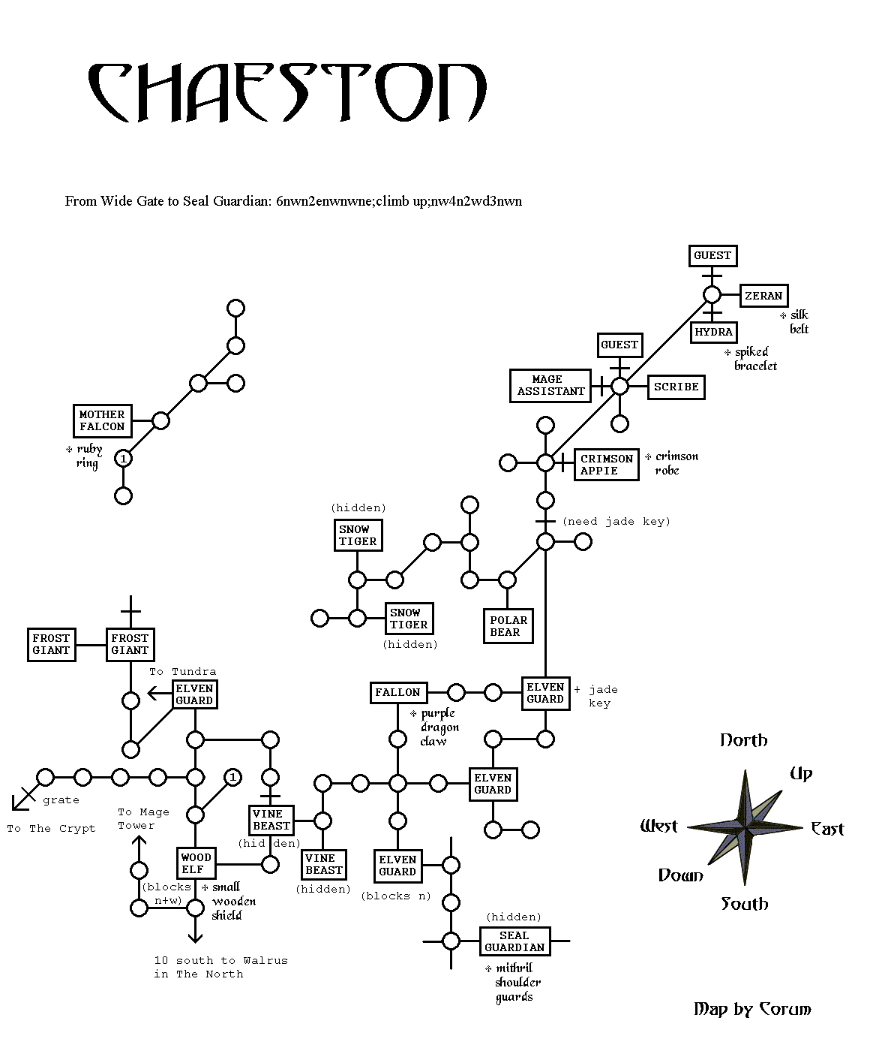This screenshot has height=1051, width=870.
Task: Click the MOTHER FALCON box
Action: coord(102,420)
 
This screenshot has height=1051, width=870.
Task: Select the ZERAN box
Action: coord(763,296)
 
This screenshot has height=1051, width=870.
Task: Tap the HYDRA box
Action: coord(714,332)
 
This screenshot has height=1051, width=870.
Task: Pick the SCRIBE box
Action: coord(676,387)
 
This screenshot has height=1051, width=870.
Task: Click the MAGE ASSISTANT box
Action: coord(550,385)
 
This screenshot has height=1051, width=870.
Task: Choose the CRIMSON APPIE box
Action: coord(607,465)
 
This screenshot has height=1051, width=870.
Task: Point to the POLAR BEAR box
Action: coord(508,626)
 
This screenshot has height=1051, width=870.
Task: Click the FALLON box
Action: coord(397,692)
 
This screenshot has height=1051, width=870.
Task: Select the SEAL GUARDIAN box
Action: coord(514,941)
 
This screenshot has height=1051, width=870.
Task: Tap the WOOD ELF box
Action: coord(196,863)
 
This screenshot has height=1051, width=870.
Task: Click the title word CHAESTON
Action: coord(287,93)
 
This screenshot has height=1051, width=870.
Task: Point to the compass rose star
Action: coord(745,827)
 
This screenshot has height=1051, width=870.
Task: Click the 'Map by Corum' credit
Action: coord(752,1009)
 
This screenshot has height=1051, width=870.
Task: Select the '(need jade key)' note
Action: coord(616,521)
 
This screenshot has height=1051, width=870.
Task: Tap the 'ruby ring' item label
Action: coord(88,456)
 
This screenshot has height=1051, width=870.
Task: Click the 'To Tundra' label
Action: coord(183,671)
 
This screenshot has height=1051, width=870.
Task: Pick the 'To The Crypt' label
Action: coord(51,828)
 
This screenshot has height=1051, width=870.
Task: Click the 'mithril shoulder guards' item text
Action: coord(514,983)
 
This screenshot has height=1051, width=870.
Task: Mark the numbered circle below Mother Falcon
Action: coord(124,458)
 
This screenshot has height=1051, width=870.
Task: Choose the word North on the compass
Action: coord(743,740)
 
